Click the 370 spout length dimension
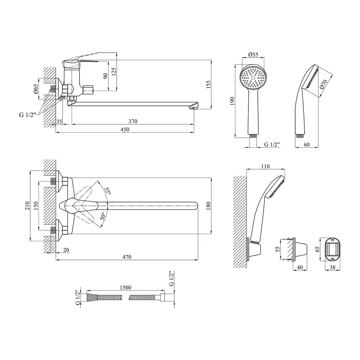point(133,121)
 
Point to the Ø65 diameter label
point(36,89)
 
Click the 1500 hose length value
point(124,288)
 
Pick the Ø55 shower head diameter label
point(253,54)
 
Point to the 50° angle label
point(103,216)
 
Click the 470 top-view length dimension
point(126,257)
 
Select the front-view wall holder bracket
point(332,248)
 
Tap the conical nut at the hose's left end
point(92,298)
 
